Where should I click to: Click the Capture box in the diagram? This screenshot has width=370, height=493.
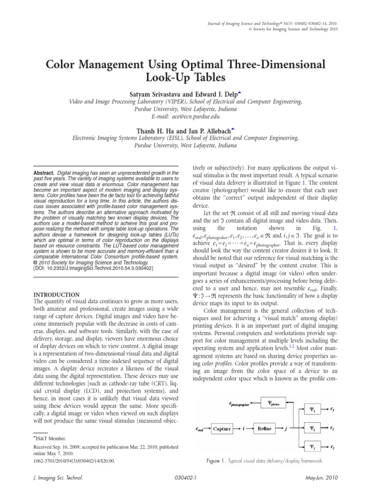pyautogui.click(x=222, y=428)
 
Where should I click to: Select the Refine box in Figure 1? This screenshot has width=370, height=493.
pyautogui.click(x=267, y=428)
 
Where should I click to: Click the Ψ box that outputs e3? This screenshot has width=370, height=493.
pyautogui.click(x=312, y=447)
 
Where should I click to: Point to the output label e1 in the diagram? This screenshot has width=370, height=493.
pyautogui.click(x=333, y=409)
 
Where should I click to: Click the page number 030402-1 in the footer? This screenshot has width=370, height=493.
pyautogui.click(x=185, y=479)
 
